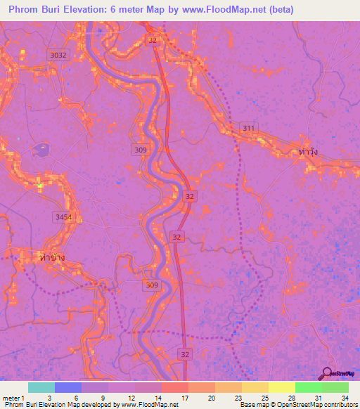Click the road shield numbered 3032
coord(59,55)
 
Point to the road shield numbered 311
coord(248,127)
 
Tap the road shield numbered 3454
coord(63,218)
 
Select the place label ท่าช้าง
coord(50,258)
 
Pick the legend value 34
coord(344,397)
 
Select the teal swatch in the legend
coord(41,387)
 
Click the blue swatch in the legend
coord(68,387)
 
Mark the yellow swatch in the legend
coord(281,387)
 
